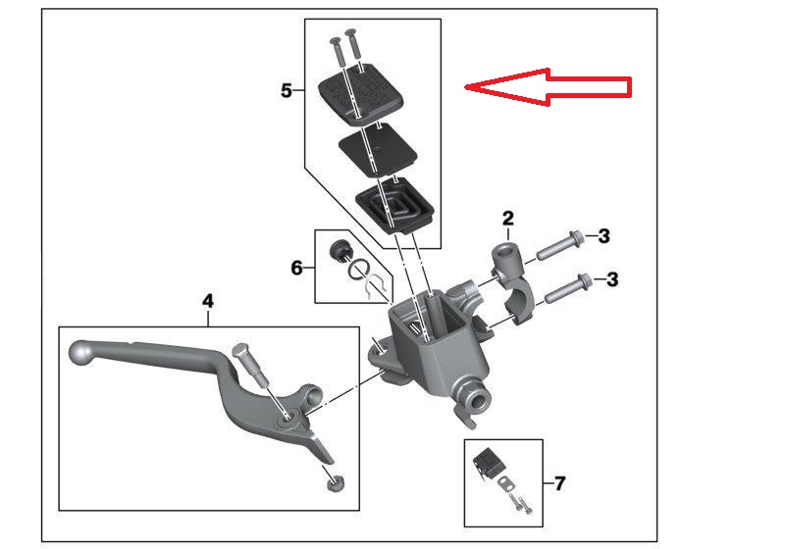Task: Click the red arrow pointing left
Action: click(x=548, y=87)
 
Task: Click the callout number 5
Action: click(x=286, y=91)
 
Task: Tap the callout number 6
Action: click(x=297, y=268)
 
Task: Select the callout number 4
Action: click(x=208, y=302)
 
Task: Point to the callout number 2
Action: click(x=507, y=218)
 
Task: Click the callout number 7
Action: click(x=559, y=483)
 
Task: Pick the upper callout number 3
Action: click(x=604, y=236)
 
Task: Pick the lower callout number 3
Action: click(x=612, y=279)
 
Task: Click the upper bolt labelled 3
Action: click(x=559, y=245)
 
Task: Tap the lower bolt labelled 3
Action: click(x=568, y=288)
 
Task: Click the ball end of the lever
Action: click(x=80, y=353)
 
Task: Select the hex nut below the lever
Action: click(x=335, y=483)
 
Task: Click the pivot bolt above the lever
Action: click(x=253, y=366)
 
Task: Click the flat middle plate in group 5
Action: click(x=378, y=150)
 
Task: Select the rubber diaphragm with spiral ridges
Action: click(x=395, y=208)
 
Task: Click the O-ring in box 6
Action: click(x=359, y=271)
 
